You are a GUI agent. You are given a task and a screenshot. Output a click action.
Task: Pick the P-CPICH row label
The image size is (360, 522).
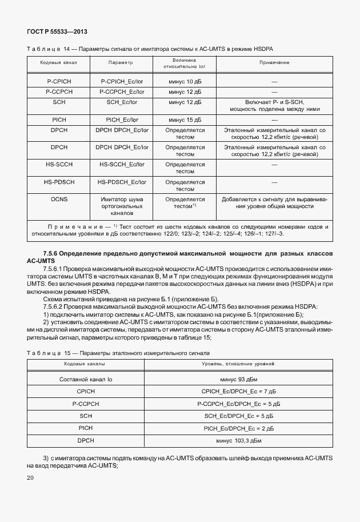click(58, 82)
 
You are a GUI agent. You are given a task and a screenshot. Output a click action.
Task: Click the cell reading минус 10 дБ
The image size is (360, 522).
click(185, 82)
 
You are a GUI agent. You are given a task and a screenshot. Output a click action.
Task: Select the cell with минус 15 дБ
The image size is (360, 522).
click(185, 121)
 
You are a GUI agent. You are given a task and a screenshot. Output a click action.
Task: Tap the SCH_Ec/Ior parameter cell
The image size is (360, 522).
click(121, 101)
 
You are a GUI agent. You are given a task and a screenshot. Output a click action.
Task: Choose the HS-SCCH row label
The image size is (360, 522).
click(58, 165)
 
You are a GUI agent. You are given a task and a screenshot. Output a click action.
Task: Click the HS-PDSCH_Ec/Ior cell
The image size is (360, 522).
click(121, 182)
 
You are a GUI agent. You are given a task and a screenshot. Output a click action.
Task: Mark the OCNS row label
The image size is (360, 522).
click(58, 200)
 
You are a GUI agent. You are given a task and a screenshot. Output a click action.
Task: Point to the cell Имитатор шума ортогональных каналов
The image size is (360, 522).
click(121, 206)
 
